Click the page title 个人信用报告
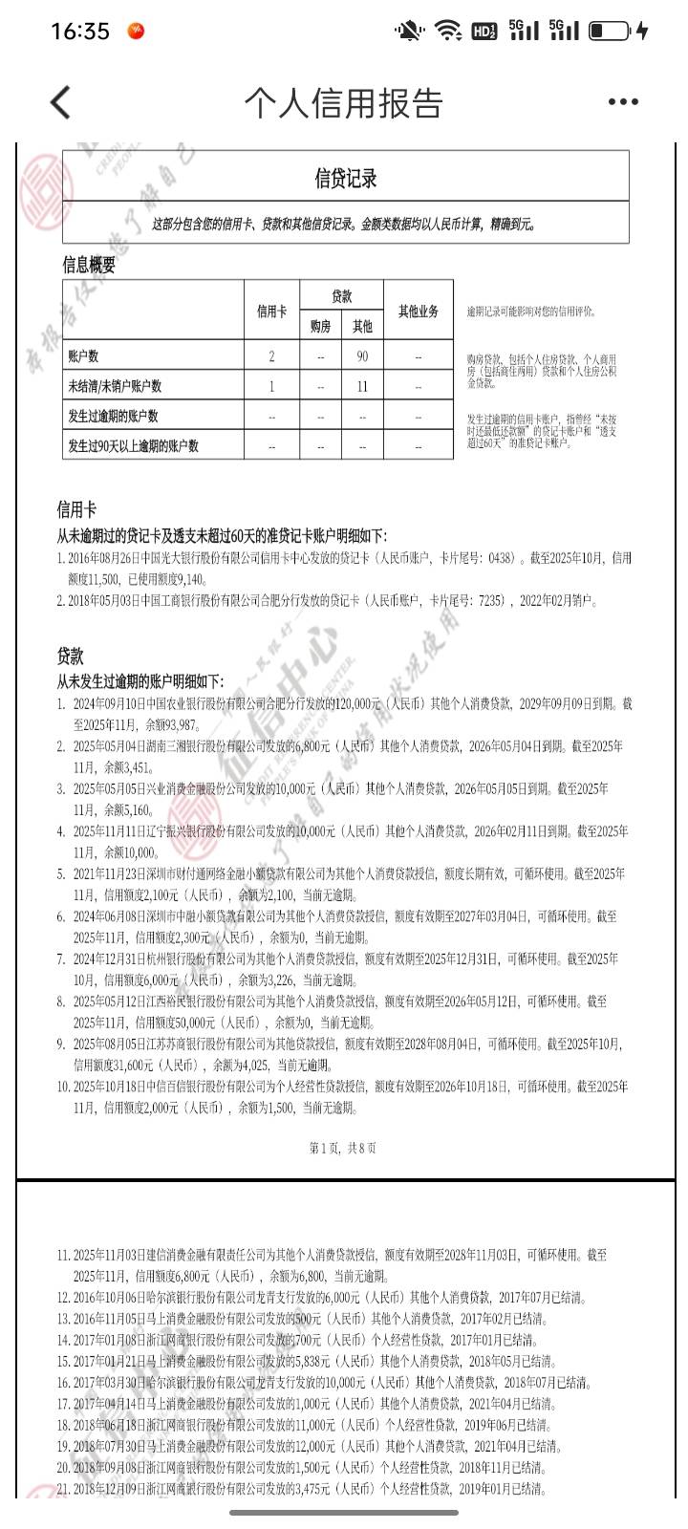(343, 102)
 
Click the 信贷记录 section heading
(346, 178)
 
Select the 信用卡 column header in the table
(271, 311)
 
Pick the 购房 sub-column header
(320, 326)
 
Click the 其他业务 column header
(419, 311)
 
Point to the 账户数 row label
(83, 356)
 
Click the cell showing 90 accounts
(362, 356)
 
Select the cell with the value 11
(362, 386)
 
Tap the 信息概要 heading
(89, 265)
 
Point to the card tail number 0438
(500, 558)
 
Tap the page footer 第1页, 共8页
(343, 1148)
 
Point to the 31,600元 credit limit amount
(168, 1065)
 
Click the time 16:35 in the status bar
(80, 32)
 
